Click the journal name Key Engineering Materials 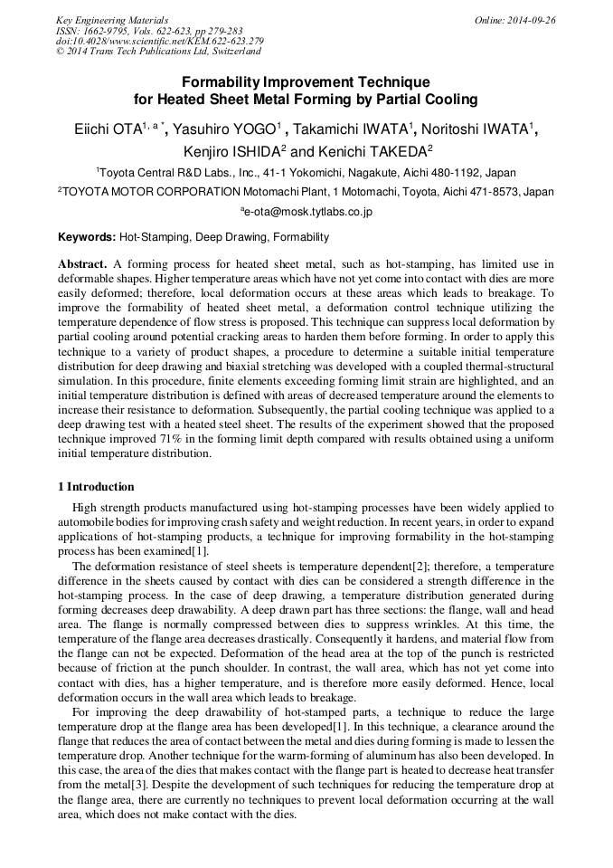112,20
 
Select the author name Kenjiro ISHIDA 231,150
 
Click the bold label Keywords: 87,237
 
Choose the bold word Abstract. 82,264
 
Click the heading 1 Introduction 96,487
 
